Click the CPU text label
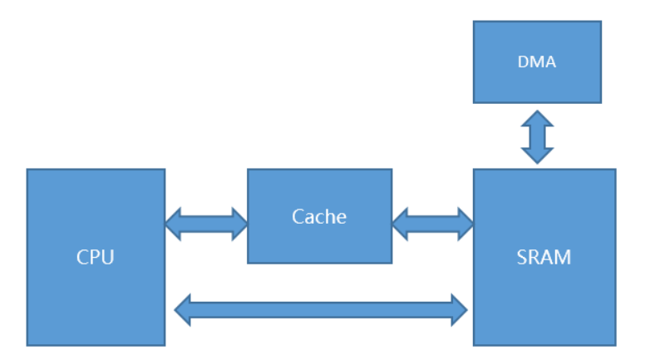(95, 257)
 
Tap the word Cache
(319, 217)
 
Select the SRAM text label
(544, 257)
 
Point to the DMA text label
(537, 62)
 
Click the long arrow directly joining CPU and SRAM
(321, 309)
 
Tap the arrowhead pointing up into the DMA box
(537, 117)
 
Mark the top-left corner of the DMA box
(474, 22)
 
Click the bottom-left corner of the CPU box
(27, 345)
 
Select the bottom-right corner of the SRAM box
(615, 345)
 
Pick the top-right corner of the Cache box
(391, 170)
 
